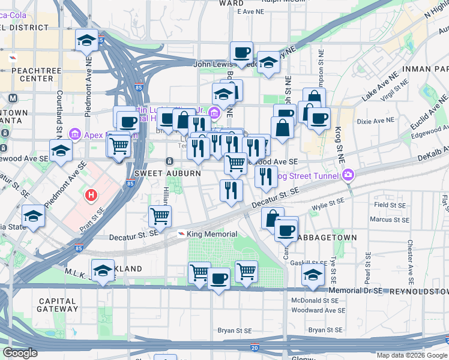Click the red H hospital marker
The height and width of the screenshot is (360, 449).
point(91,195)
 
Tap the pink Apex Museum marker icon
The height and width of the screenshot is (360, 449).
point(75,133)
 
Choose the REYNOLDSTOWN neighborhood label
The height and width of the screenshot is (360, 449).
point(417,291)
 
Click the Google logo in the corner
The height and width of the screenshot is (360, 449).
point(20,353)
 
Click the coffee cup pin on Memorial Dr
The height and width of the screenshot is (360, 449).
point(218,278)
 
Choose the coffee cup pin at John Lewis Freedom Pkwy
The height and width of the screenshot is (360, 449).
point(241,52)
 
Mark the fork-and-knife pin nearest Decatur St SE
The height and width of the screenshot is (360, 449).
point(231,190)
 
